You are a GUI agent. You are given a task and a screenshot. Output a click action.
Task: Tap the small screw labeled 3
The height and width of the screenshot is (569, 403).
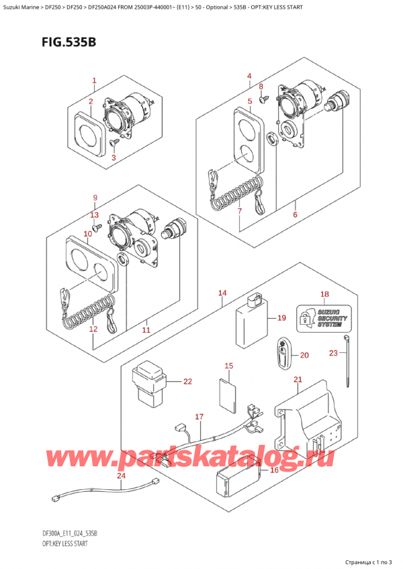coord(114,142)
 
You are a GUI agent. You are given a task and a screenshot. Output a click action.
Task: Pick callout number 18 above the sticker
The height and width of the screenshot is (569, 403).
coord(324,294)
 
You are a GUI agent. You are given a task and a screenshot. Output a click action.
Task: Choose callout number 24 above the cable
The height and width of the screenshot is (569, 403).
coord(121,477)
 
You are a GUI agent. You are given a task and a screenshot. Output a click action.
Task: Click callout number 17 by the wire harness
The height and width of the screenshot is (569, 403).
coord(199,417)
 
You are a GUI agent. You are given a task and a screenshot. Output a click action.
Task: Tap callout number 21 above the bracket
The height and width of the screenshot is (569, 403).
coord(298,380)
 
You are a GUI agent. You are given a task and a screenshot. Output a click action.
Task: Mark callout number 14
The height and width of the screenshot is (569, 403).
coord(222,293)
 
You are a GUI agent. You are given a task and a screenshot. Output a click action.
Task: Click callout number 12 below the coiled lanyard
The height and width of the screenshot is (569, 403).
coord(93,329)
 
